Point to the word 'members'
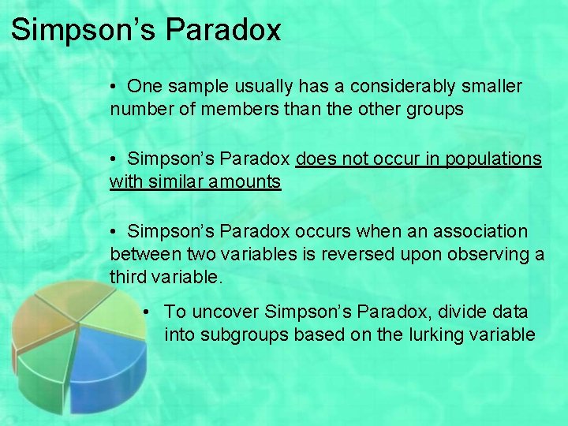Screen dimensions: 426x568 (x=248, y=110)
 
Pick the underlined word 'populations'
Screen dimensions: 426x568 (x=495, y=159)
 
